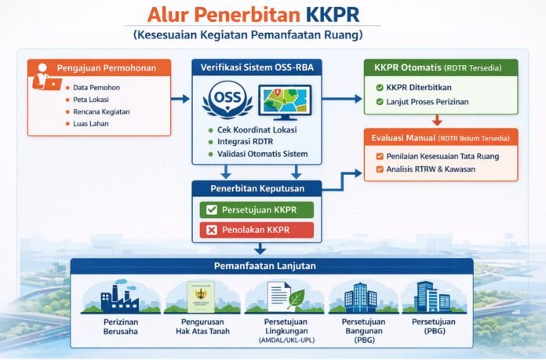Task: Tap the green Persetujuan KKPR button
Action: (255, 209)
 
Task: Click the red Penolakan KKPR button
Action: (255, 230)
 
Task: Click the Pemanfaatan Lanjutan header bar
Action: (271, 266)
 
